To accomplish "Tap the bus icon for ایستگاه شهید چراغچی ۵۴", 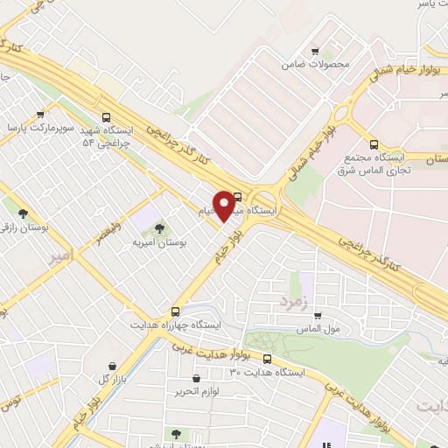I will tap(107, 117).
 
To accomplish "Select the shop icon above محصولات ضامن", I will tap(317, 52).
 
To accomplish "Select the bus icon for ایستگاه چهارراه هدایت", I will tap(176, 311).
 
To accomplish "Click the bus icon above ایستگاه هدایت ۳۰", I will tap(267, 358).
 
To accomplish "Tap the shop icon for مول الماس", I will tap(317, 316).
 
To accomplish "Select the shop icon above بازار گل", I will tap(112, 366).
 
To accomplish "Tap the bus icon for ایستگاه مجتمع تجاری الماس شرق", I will tap(374, 144).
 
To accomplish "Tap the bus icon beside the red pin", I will tap(238, 196).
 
